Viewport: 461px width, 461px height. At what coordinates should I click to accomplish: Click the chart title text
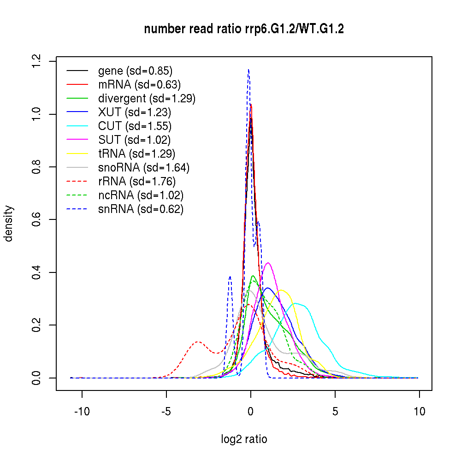coord(244,29)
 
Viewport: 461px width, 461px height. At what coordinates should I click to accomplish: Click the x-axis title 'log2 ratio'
coord(244,439)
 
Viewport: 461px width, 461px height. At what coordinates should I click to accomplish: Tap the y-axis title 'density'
coord(9,223)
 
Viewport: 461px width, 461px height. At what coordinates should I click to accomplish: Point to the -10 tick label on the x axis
coord(82,412)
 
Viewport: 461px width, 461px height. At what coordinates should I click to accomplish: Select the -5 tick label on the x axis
coord(166,412)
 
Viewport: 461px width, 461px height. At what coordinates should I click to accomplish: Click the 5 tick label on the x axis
coord(335,412)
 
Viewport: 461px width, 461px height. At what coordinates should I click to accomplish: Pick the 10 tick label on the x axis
coord(419,412)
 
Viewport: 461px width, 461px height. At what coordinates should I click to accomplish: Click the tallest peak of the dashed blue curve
coord(248,70)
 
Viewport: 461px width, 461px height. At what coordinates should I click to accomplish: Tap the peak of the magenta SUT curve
coord(268,263)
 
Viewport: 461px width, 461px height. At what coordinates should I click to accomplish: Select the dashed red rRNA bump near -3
coord(198,342)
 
